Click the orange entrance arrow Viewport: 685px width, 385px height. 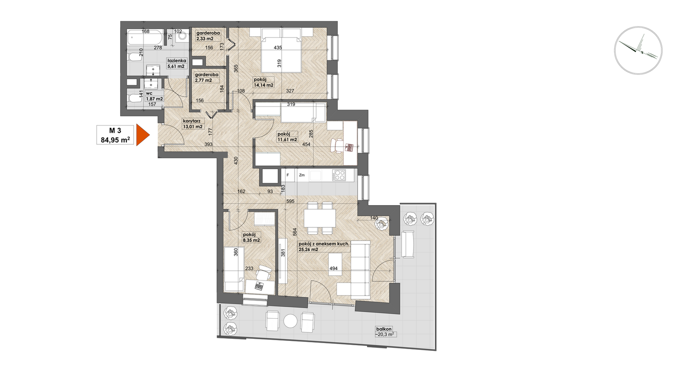[142, 135]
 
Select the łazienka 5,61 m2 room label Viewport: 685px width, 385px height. [176, 63]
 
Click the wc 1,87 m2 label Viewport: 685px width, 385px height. [155, 96]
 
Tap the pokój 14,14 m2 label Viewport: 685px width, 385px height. [263, 83]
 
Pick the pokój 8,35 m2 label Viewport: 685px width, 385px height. [251, 237]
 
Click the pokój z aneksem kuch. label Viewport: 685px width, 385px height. [324, 244]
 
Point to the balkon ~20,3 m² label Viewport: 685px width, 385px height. [386, 331]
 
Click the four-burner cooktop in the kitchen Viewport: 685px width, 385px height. [339, 175]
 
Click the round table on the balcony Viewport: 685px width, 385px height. [290, 321]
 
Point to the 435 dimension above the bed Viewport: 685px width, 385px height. [278, 48]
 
